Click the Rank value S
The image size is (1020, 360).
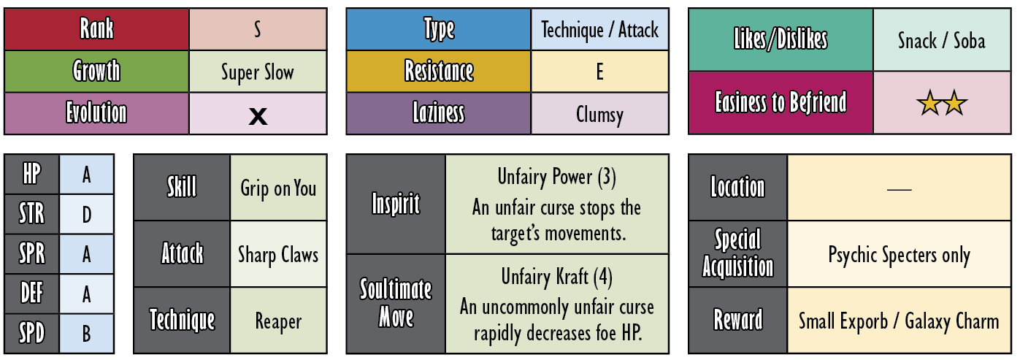[258, 30]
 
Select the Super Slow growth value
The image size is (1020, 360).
[258, 72]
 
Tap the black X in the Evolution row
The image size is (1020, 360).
[258, 116]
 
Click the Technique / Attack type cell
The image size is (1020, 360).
[599, 30]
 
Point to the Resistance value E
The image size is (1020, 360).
[599, 72]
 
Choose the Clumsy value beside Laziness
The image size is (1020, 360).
[599, 115]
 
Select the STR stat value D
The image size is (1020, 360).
[86, 214]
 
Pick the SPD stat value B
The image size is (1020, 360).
[86, 334]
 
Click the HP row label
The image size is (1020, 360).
[32, 174]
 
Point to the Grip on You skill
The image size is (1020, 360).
[278, 188]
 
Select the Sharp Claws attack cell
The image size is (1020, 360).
[278, 254]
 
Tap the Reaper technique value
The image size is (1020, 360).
[278, 321]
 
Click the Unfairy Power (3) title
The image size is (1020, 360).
[556, 177]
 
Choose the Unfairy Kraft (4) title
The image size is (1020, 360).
[556, 277]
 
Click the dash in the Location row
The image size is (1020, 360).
[900, 189]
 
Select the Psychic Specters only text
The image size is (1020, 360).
[900, 255]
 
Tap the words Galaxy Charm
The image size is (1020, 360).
[951, 321]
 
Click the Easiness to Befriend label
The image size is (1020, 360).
[781, 102]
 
